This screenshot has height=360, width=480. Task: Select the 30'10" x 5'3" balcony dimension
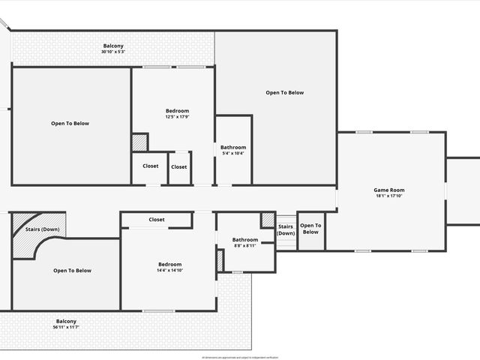[x=113, y=52]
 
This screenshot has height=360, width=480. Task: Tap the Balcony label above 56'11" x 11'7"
[x=66, y=321]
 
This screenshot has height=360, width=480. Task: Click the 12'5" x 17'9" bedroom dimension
[x=177, y=117]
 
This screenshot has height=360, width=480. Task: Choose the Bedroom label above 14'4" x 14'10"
[x=169, y=264]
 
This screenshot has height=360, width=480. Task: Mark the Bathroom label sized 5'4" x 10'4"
[x=233, y=148]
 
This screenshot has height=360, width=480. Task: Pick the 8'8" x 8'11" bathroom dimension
[x=244, y=246]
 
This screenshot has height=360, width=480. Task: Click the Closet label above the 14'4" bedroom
[x=157, y=220]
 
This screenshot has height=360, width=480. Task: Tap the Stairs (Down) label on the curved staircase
[x=42, y=229]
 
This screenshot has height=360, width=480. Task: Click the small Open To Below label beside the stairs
[x=310, y=228]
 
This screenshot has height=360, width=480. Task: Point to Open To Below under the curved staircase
[x=72, y=271]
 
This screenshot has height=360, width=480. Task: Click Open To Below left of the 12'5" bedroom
[x=70, y=124]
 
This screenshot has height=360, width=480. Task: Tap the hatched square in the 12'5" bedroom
[x=139, y=142]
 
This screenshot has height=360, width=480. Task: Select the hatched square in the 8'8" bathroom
[x=268, y=220]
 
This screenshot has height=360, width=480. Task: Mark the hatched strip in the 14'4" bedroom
[x=220, y=261]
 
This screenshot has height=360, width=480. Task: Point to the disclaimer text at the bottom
[x=239, y=357]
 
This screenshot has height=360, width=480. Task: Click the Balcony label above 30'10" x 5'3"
[x=113, y=46]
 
